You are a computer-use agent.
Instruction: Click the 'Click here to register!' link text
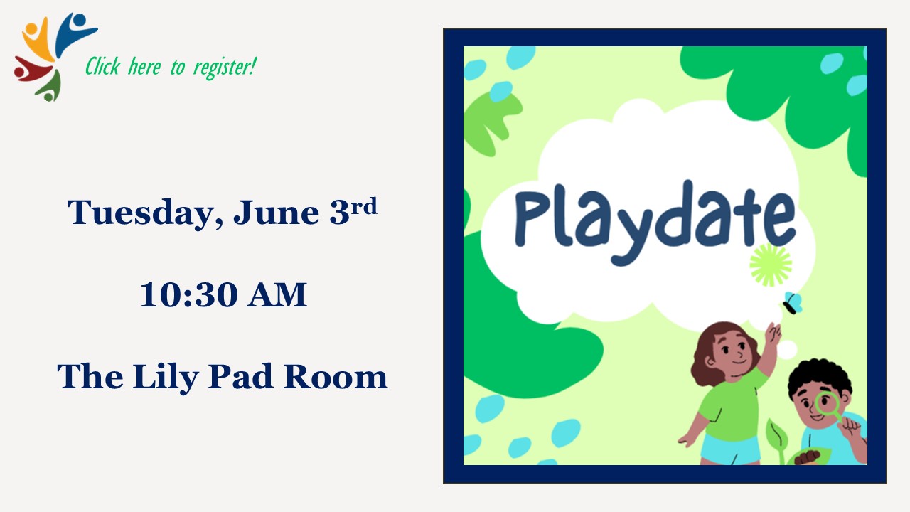click(171, 66)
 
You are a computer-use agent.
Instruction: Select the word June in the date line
click(277, 212)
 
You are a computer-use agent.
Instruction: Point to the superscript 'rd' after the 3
click(365, 206)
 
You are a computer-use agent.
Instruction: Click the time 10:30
click(189, 294)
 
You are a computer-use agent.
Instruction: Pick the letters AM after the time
click(278, 294)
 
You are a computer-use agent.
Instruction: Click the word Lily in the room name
click(166, 378)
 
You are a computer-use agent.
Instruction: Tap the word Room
click(336, 376)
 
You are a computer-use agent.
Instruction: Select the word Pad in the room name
click(240, 376)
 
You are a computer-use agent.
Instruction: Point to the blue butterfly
click(793, 303)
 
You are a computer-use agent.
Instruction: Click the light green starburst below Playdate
click(771, 265)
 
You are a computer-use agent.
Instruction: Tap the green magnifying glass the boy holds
click(829, 406)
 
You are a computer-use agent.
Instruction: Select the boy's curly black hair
click(820, 376)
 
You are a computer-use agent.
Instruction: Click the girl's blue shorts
click(730, 449)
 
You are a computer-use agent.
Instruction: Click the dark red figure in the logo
click(32, 70)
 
